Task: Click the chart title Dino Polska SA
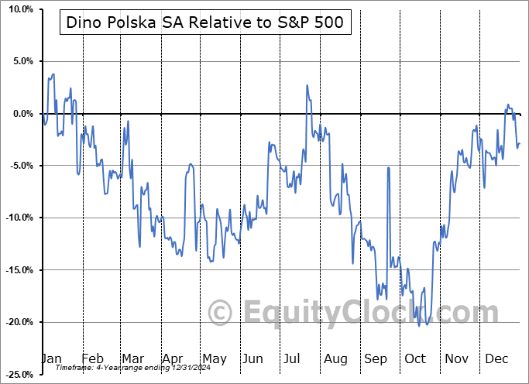pyautogui.click(x=205, y=24)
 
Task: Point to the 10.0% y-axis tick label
pyautogui.click(x=17, y=9)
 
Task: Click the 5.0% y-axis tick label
pyautogui.click(x=19, y=61)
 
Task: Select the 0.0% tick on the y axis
pyautogui.click(x=19, y=114)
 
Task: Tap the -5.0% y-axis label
pyautogui.click(x=18, y=166)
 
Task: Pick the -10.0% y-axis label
pyautogui.click(x=16, y=218)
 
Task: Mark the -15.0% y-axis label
pyautogui.click(x=16, y=270)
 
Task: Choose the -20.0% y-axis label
pyautogui.click(x=16, y=322)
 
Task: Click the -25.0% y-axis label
pyautogui.click(x=16, y=374)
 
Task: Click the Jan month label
pyautogui.click(x=51, y=358)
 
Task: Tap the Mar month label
pyautogui.click(x=132, y=358)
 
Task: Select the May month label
pyautogui.click(x=214, y=358)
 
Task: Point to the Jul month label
pyautogui.click(x=294, y=358)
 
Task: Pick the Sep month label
pyautogui.click(x=376, y=358)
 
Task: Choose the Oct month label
pyautogui.click(x=415, y=358)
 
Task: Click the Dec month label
pyautogui.click(x=496, y=358)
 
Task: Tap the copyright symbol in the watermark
pyautogui.click(x=222, y=313)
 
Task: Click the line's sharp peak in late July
pyautogui.click(x=307, y=85)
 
